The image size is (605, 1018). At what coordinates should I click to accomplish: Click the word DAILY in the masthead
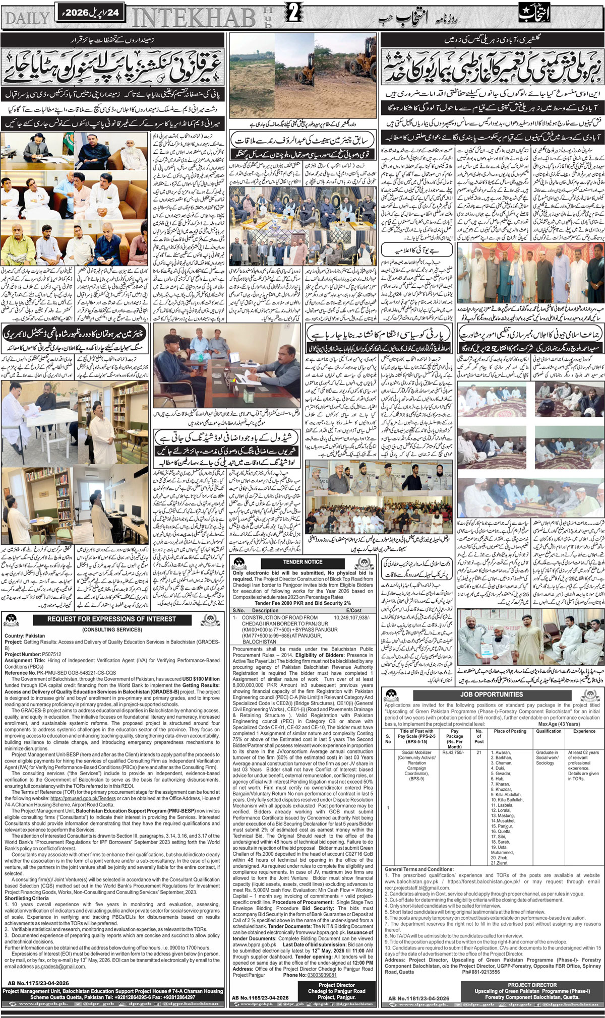tap(28, 19)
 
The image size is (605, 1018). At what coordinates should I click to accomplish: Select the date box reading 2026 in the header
tap(87, 11)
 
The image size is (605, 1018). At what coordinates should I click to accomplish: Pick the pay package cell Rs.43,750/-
tap(452, 753)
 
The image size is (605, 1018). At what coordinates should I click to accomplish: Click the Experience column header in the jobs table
tap(584, 731)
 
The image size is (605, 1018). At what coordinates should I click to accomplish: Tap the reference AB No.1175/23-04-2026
tap(39, 983)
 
